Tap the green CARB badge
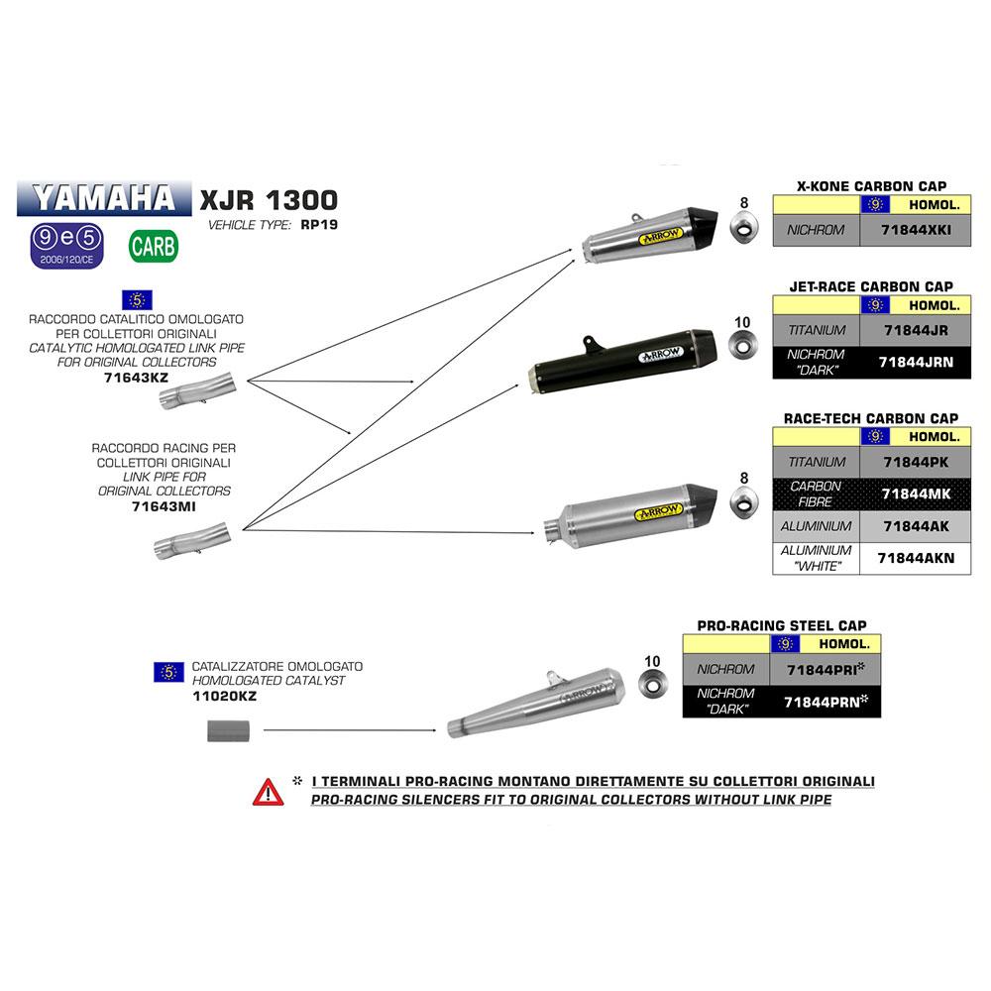coord(154,245)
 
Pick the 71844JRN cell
coord(916,363)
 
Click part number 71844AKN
coord(916,558)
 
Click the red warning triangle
coord(268,791)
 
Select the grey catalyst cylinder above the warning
coord(227,732)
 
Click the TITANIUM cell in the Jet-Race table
coord(817,330)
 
